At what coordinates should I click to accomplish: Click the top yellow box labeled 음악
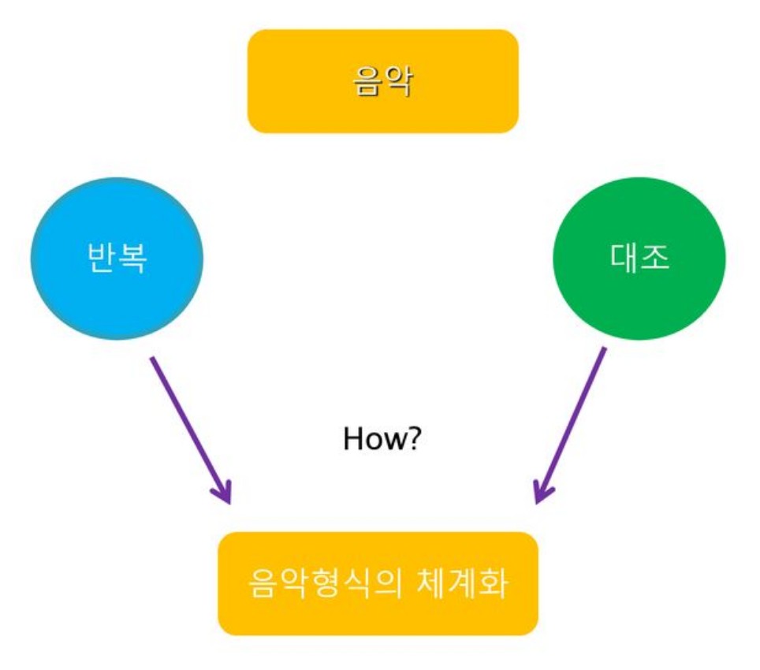[382, 81]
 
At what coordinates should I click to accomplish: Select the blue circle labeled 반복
[117, 259]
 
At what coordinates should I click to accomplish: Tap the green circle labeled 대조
[639, 259]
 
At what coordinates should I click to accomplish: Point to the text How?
[382, 438]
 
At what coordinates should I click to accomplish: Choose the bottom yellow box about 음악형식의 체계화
[378, 583]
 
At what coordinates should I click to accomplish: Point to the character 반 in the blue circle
[102, 259]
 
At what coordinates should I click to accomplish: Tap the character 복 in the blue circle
[132, 259]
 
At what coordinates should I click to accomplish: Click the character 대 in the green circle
[624, 259]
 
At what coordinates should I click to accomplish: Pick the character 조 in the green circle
[654, 259]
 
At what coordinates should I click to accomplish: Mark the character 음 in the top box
[367, 81]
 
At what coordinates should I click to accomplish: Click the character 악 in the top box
[397, 81]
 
